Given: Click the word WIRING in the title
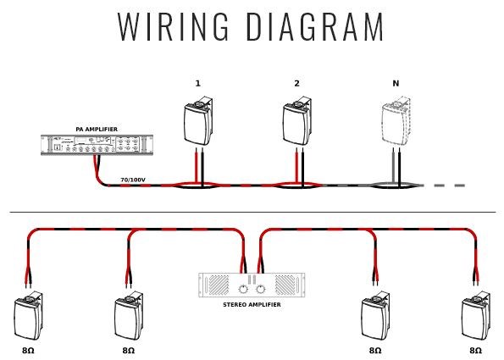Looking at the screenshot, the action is point(173,26).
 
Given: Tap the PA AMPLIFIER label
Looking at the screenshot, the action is point(97,130).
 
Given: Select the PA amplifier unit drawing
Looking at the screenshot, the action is point(97,145).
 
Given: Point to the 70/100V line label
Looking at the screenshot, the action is point(133,180).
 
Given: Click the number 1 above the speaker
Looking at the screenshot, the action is point(198,84).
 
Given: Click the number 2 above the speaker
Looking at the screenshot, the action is point(296,84).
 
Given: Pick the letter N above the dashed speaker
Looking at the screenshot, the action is point(396,84).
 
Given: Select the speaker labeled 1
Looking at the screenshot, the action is point(198,121).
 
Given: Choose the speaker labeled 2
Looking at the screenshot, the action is point(297,121).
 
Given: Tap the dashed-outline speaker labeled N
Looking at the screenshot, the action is point(396,121).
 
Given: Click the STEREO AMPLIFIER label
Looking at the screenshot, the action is point(252,304).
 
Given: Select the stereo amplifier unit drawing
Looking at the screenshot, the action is point(252,285).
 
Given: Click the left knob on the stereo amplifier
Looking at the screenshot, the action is point(243,290).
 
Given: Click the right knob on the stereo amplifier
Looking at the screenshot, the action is point(260,290).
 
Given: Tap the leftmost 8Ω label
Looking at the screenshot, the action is point(28,351).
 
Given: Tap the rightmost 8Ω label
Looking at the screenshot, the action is point(476,351).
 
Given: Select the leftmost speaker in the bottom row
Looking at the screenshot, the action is point(28,316).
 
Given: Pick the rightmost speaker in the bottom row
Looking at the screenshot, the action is point(476,316).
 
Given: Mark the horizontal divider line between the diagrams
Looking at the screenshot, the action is point(252,212).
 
